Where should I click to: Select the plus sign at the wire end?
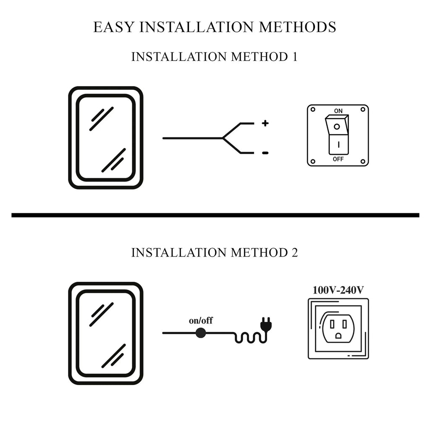(x=265, y=123)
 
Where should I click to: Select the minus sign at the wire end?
(x=265, y=153)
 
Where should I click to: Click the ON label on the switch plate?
(x=338, y=111)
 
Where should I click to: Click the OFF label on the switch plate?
(x=338, y=159)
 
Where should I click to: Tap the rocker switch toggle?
(x=338, y=134)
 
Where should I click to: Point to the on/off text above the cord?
(x=201, y=321)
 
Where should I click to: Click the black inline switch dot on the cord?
(x=201, y=333)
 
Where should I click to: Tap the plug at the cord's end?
(x=265, y=324)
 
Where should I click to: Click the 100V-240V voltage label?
(x=338, y=290)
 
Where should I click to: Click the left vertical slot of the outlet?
(x=332, y=324)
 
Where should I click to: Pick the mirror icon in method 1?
(x=106, y=138)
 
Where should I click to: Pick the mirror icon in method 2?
(x=106, y=333)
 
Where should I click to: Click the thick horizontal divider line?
(x=215, y=215)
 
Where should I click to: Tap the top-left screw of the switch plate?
(x=313, y=110)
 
